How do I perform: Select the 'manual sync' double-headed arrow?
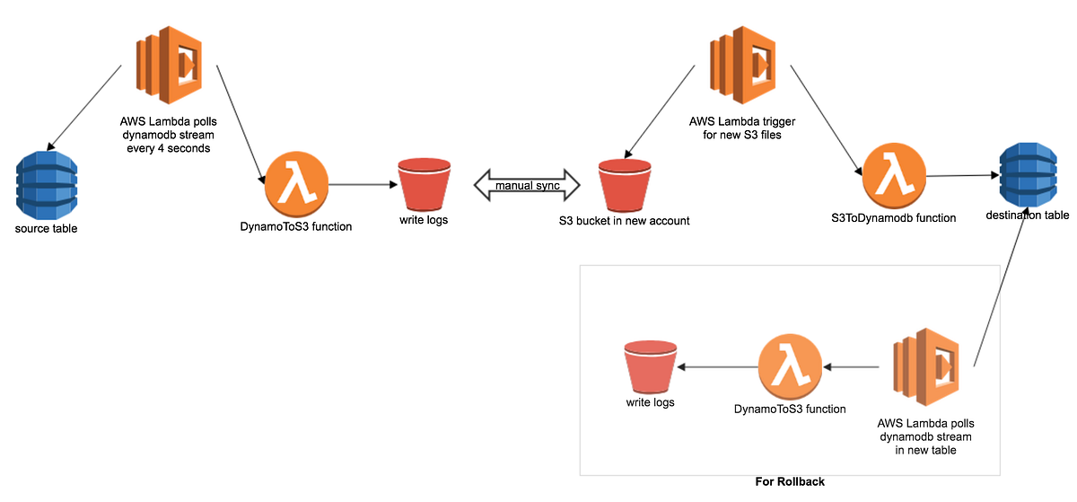(x=527, y=185)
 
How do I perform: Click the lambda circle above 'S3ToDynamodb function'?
(x=893, y=174)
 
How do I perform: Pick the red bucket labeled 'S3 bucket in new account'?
(x=624, y=184)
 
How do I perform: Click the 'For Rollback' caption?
(x=790, y=481)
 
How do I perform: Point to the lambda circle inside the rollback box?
(x=789, y=366)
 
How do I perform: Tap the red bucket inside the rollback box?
(x=650, y=368)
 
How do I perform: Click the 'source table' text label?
(x=47, y=229)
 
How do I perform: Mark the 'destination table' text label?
(x=1028, y=216)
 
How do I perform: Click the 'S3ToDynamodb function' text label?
(x=894, y=217)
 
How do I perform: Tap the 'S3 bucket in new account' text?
(x=624, y=220)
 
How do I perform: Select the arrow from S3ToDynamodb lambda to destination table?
(x=962, y=176)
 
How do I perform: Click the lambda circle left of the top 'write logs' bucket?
(x=296, y=183)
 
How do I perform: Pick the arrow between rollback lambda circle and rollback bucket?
(x=716, y=367)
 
